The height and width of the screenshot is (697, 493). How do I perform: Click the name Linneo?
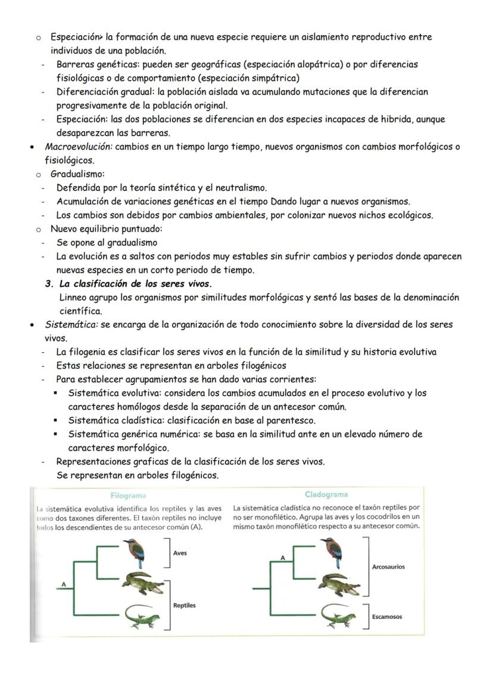point(76,297)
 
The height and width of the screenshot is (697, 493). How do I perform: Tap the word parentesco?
point(291,420)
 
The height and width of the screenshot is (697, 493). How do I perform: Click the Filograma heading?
point(128,495)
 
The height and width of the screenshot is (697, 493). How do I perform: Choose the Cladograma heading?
point(326,494)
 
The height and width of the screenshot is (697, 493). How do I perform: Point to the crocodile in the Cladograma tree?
point(339,585)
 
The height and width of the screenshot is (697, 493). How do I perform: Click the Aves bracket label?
point(180,553)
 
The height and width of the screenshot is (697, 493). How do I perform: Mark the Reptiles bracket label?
point(184,605)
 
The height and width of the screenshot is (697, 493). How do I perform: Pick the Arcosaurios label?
point(388,567)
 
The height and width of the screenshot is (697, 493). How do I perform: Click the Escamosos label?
point(386,617)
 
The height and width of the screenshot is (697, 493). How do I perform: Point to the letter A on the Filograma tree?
point(63,585)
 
